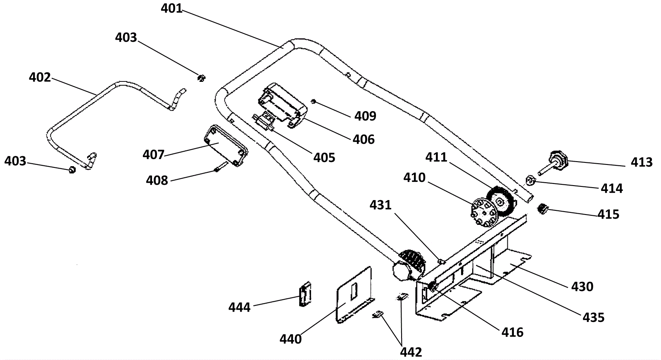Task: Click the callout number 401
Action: tap(171, 8)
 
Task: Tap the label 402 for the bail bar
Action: tap(40, 77)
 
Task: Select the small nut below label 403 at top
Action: tap(201, 78)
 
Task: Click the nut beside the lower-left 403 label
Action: tap(72, 170)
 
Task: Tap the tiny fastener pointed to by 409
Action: tap(314, 102)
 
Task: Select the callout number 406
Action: tap(364, 139)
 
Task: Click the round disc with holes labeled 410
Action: tap(483, 212)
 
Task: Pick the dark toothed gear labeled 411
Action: tap(501, 202)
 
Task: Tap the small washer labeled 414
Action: tap(530, 180)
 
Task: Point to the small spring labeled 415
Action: tap(543, 209)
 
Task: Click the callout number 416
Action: tap(512, 333)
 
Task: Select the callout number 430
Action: tap(582, 287)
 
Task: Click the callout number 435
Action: tap(593, 318)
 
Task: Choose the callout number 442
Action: tap(411, 352)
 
